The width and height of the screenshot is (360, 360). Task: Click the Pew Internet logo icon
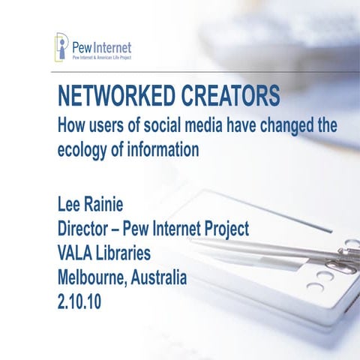pyautogui.click(x=61, y=46)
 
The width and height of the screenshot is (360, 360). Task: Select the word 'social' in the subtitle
pyautogui.click(x=173, y=124)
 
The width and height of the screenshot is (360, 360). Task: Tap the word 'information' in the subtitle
pyautogui.click(x=165, y=148)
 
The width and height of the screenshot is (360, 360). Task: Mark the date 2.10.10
pyautogui.click(x=84, y=302)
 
